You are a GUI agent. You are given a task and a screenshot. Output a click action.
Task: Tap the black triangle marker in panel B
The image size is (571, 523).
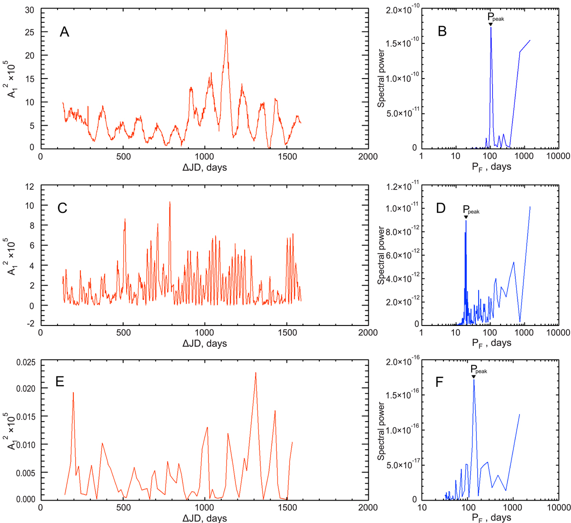tap(491, 24)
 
